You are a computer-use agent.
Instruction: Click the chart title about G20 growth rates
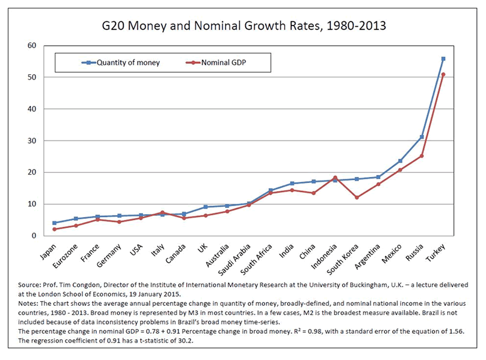(x=243, y=27)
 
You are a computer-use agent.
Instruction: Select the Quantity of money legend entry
(x=119, y=62)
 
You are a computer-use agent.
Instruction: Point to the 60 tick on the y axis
(x=32, y=46)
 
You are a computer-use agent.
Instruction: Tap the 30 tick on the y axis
(x=32, y=140)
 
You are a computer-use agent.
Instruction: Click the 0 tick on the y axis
(x=34, y=235)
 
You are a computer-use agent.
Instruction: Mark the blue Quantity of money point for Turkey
(x=443, y=59)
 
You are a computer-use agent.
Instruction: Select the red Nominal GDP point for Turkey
(x=443, y=75)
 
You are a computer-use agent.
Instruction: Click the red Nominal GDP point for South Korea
(x=356, y=198)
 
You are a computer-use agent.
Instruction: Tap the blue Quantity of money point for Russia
(x=422, y=137)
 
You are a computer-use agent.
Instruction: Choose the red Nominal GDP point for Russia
(x=422, y=156)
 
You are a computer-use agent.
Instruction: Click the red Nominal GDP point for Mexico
(x=400, y=170)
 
